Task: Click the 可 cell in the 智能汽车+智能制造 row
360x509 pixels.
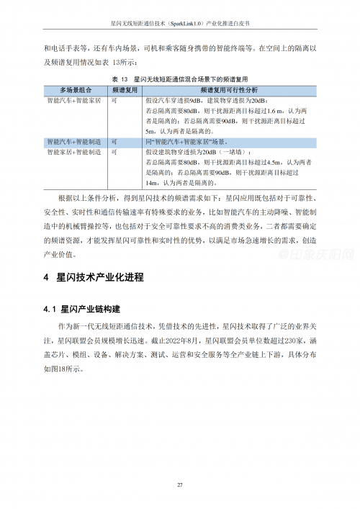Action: pos(115,143)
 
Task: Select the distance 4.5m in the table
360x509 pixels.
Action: pos(276,163)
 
